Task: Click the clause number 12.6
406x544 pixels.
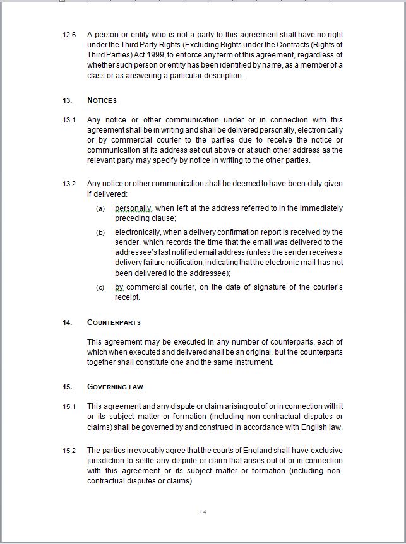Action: [69, 35]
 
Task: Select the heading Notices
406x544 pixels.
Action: [102, 100]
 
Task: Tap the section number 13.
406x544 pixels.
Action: [68, 100]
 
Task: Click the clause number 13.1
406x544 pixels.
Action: [69, 120]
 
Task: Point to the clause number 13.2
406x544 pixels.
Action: [69, 184]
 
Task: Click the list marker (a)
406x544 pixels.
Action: [100, 208]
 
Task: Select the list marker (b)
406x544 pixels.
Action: [100, 232]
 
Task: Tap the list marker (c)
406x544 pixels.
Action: [100, 287]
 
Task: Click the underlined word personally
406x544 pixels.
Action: [133, 208]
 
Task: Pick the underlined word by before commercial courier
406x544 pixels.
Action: [119, 287]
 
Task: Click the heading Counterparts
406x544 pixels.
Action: [114, 322]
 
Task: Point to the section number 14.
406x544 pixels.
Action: [68, 322]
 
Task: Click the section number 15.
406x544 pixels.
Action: [68, 387]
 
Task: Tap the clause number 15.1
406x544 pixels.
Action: [69, 406]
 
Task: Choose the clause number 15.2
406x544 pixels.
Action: [69, 451]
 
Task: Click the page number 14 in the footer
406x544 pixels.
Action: [203, 512]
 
